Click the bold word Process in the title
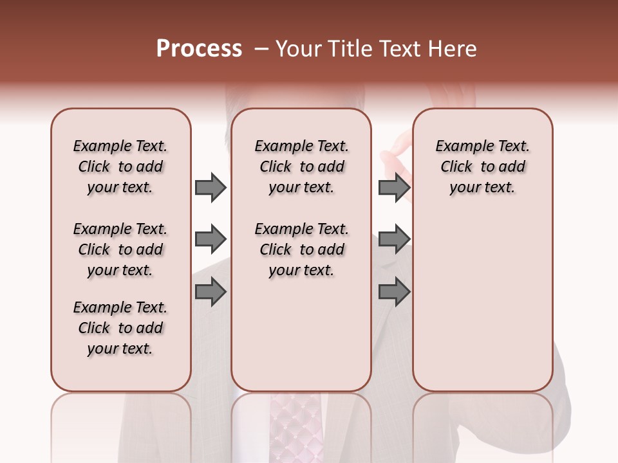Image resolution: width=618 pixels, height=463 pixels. [199, 49]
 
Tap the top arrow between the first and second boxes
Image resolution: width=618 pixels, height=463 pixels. [211, 187]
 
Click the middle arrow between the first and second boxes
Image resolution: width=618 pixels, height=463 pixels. [211, 240]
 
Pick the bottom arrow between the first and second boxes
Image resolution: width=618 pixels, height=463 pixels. [211, 293]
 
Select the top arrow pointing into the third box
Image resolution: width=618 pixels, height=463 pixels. [394, 187]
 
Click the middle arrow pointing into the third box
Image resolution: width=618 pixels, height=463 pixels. [394, 240]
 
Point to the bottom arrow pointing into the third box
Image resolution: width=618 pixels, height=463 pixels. [394, 293]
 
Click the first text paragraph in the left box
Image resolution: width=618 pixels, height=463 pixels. [120, 167]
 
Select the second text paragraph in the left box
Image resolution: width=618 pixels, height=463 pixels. [120, 250]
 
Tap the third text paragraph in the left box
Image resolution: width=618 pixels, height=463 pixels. [120, 328]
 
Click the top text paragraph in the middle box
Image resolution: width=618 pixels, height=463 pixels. [301, 167]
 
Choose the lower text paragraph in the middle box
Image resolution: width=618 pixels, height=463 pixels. [301, 250]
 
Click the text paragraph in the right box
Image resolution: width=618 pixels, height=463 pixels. [482, 167]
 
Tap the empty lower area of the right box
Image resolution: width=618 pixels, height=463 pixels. [482, 309]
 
